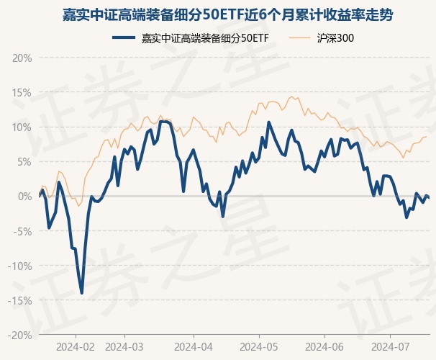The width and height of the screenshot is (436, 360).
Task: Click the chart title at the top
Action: pyautogui.click(x=217, y=15)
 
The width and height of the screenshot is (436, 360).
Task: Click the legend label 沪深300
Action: pyautogui.click(x=335, y=37)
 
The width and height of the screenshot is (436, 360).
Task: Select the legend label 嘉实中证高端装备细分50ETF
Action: pyautogui.click(x=204, y=37)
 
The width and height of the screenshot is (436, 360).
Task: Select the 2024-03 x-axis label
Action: pyautogui.click(x=124, y=346)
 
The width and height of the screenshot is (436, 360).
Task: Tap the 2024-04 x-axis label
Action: pyautogui.click(x=194, y=346)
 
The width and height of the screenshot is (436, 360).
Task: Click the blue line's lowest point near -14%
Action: pyautogui.click(x=82, y=293)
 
